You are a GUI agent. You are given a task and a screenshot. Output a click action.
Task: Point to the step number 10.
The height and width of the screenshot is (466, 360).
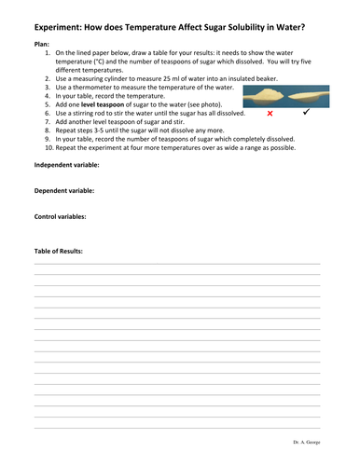coord(48,147)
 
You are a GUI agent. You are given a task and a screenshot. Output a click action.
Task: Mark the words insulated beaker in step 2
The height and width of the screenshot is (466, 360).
coord(259,79)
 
